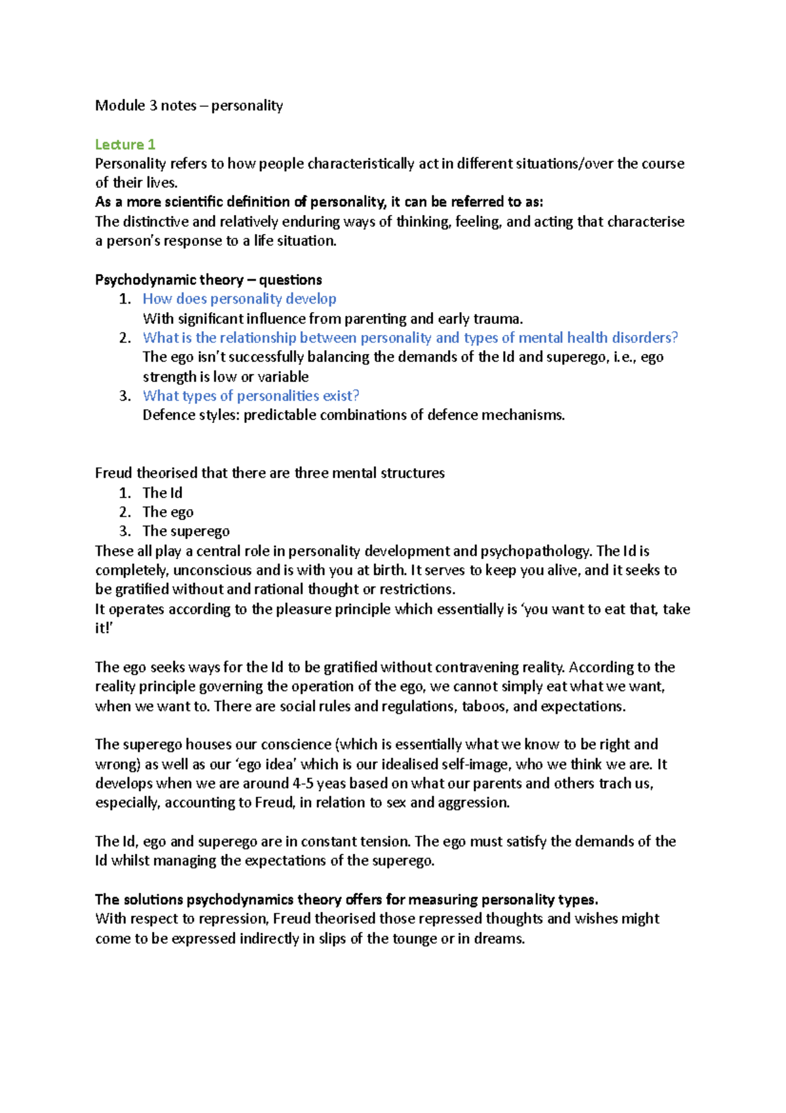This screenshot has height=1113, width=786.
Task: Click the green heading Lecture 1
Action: click(125, 144)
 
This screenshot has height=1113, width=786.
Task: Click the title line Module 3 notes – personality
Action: click(189, 106)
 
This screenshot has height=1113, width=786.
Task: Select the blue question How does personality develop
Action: click(239, 299)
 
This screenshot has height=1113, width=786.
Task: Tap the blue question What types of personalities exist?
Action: click(251, 396)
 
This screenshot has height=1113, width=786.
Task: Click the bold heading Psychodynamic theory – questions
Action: click(208, 280)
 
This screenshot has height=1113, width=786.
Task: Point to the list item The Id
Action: click(162, 493)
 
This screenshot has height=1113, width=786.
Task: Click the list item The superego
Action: click(186, 532)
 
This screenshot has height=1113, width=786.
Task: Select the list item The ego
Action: click(168, 512)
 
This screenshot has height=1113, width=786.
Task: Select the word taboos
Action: click(484, 707)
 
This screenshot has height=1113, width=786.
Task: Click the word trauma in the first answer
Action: click(500, 319)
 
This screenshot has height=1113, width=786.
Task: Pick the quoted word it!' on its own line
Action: click(104, 629)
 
